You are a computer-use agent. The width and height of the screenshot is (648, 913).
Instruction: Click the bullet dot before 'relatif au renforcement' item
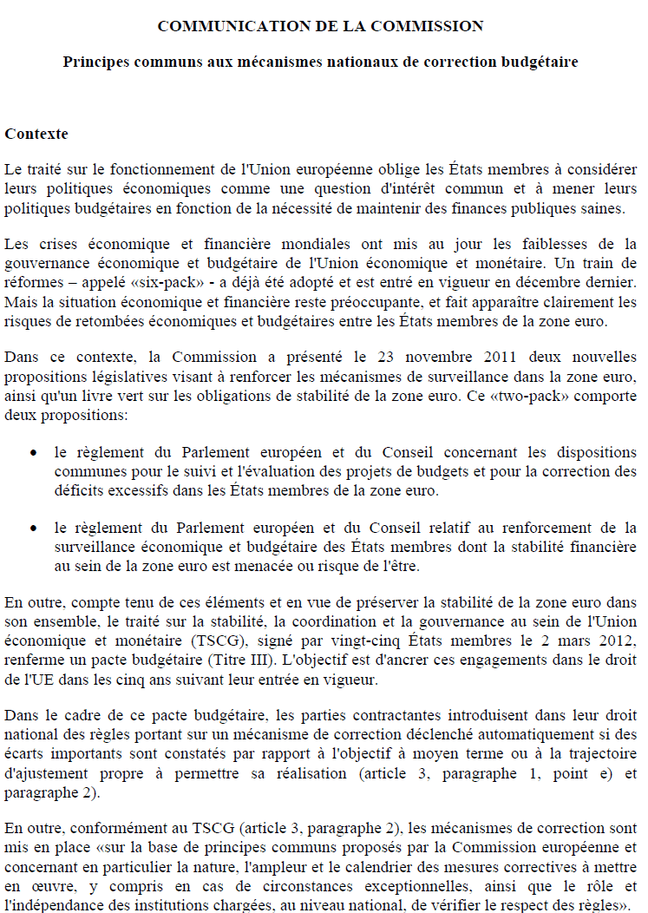tap(33, 529)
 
